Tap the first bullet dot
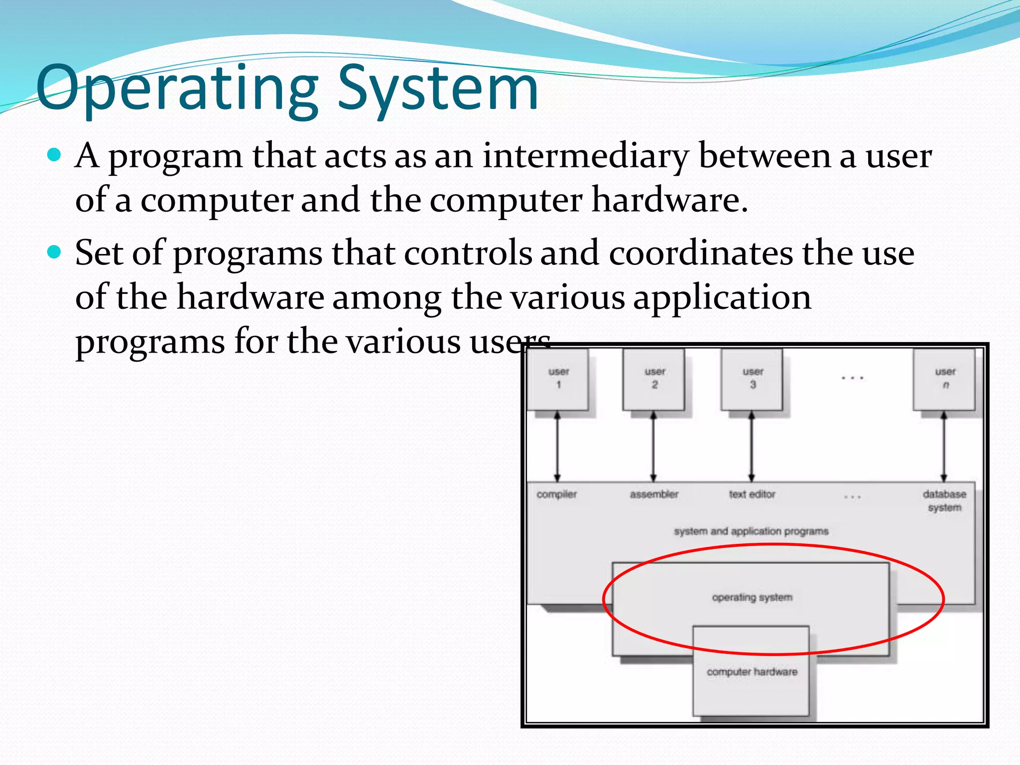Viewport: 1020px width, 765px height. pyautogui.click(x=53, y=155)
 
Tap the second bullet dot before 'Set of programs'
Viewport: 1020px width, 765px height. pyautogui.click(x=53, y=252)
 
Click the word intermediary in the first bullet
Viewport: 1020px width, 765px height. pyautogui.click(x=586, y=156)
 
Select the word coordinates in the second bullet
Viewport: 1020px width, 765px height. pyautogui.click(x=701, y=253)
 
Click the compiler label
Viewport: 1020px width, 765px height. pyautogui.click(x=556, y=495)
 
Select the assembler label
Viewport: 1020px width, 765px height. pyautogui.click(x=654, y=495)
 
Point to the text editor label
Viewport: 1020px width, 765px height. pyautogui.click(x=752, y=495)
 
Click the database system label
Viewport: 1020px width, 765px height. pyautogui.click(x=944, y=501)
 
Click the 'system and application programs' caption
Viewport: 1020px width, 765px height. pyautogui.click(x=751, y=531)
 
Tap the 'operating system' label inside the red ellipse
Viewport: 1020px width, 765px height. pyautogui.click(x=752, y=597)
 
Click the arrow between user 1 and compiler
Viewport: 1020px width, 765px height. pyautogui.click(x=557, y=446)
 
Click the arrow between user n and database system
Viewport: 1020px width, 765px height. pyautogui.click(x=943, y=446)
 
